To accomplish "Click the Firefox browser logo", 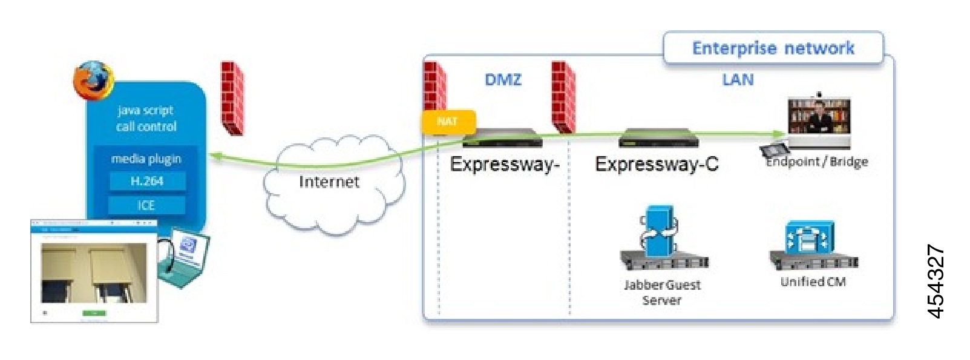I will point(94,79).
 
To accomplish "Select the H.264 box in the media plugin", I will point(147,181).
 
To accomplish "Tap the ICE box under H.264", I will point(146,205).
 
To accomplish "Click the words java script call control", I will point(146,119).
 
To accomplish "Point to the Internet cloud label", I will point(329,182).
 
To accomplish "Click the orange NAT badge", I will point(448,122).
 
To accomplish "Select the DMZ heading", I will point(503,80).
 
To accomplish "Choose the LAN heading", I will point(738,80).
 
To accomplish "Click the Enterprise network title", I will point(773,48).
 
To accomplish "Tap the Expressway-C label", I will point(657,164).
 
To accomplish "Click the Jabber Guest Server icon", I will point(662,238).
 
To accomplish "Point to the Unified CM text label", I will point(813,281).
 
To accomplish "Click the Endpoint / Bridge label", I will point(817,162).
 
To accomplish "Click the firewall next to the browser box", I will point(231,97).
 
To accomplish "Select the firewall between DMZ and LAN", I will point(563,96).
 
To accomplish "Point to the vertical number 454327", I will point(936,281).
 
